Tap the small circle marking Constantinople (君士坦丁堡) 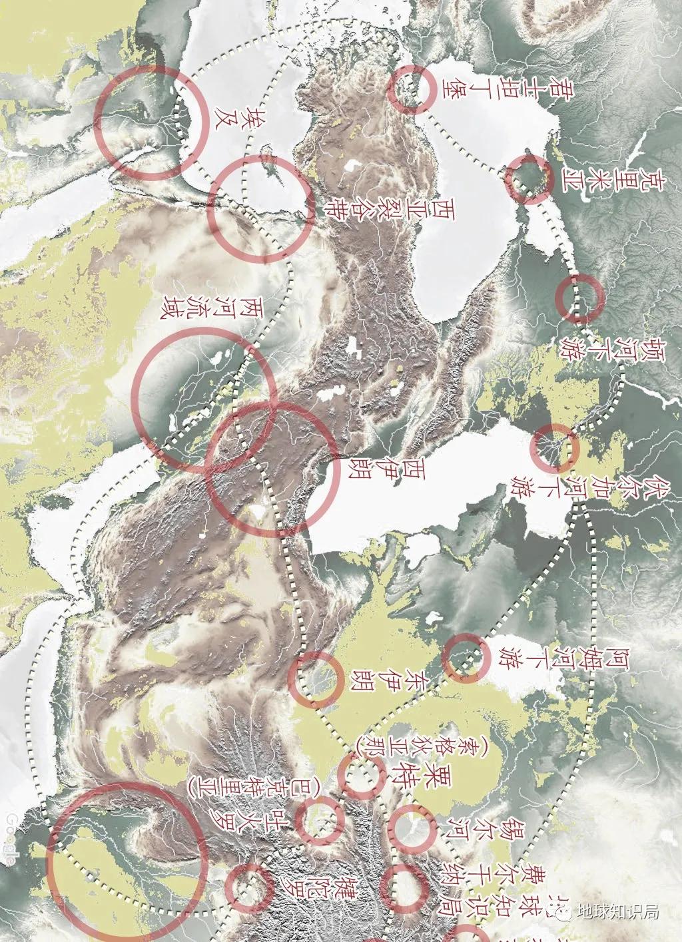coord(413,89)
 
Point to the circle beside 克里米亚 coord(528,178)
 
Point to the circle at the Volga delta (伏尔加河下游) coord(553,448)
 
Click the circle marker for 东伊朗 coord(316,679)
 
